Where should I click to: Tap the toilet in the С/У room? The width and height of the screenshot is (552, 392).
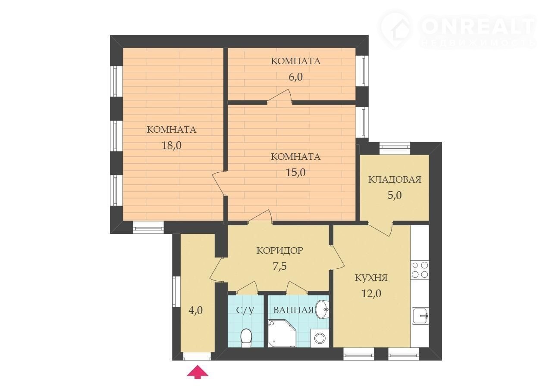(x=246, y=339)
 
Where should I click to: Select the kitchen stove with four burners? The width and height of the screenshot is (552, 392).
(x=420, y=270)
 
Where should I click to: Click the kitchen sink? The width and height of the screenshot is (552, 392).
(x=421, y=316)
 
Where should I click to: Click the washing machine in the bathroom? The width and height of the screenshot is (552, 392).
(x=320, y=338)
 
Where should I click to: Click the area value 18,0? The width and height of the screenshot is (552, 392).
(x=172, y=146)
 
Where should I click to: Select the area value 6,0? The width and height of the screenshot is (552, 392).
(x=295, y=77)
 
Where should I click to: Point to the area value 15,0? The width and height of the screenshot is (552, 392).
(x=295, y=173)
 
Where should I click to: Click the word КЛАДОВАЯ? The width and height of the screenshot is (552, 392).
(x=395, y=180)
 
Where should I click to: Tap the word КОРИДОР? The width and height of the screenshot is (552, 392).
(x=280, y=251)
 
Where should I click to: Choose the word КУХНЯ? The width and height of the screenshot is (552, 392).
(x=371, y=278)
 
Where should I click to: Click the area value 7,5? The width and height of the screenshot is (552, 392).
(x=280, y=267)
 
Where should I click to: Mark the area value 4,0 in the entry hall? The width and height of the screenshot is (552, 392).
(x=196, y=311)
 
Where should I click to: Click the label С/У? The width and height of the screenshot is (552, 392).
(x=245, y=310)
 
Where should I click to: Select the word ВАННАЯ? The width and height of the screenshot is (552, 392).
(x=294, y=310)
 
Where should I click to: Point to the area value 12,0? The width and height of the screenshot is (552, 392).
(x=371, y=294)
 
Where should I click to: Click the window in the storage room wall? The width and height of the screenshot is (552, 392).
(x=395, y=149)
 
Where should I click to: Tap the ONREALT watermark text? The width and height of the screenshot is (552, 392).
(x=478, y=26)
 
